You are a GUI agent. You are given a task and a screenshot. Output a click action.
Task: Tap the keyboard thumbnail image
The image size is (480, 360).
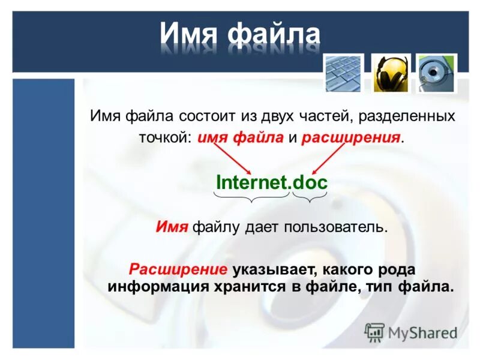point(344,74)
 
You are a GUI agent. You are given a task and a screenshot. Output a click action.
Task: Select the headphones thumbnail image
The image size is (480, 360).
point(391,74)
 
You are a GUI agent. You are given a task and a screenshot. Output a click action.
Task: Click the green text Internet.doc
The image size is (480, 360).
point(271,182)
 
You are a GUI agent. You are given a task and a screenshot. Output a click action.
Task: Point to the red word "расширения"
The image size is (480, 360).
point(351,138)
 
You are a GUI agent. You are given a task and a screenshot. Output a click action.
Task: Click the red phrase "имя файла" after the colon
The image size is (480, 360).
point(240,138)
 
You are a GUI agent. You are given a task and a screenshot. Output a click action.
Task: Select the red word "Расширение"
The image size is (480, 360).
point(178,268)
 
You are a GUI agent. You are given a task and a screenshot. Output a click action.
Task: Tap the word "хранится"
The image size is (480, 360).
point(253,286)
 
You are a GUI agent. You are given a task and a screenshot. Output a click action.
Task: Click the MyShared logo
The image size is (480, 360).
point(411,332)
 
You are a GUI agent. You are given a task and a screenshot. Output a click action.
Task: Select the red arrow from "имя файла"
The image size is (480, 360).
point(232,158)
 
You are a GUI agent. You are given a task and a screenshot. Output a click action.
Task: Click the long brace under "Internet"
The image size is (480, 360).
point(253,197)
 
